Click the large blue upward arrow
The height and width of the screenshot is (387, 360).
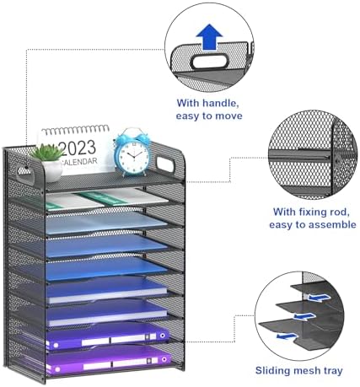[209, 37]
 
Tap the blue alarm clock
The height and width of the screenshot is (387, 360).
[132, 152]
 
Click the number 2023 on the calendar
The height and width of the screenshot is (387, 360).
[78, 148]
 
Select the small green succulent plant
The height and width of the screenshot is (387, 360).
[47, 153]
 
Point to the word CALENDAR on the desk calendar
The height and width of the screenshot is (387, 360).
[79, 162]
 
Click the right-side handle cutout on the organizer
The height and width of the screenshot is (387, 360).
[165, 164]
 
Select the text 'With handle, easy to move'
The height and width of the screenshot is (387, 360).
[209, 110]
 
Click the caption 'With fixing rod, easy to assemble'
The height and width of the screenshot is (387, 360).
[313, 218]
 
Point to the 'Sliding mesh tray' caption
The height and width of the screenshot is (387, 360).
[299, 370]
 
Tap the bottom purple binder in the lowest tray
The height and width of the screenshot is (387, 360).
[109, 360]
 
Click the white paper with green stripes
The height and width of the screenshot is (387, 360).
[107, 199]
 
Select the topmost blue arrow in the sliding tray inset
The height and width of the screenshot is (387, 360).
[319, 298]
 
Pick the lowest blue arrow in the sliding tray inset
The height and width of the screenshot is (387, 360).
[287, 336]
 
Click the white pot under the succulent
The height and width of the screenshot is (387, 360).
[51, 171]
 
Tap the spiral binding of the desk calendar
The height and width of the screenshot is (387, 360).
[75, 130]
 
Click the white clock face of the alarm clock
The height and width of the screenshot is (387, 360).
[132, 156]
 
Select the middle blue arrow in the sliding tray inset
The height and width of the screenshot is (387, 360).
[304, 316]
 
